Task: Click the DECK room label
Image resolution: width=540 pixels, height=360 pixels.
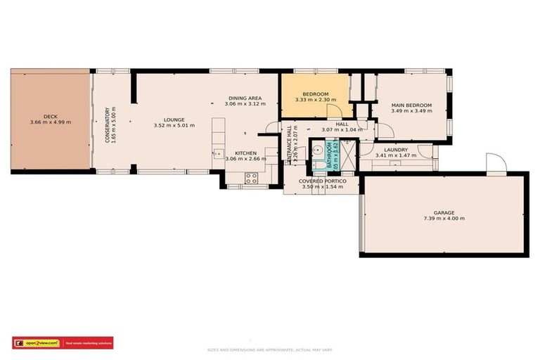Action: tap(50, 116)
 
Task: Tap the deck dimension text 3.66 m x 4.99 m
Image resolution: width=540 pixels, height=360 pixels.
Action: tap(50, 123)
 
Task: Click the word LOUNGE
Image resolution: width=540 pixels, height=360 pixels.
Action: tap(174, 120)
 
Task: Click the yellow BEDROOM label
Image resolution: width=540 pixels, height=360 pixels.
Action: tap(316, 94)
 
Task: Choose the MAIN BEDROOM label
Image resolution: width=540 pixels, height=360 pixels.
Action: tap(411, 105)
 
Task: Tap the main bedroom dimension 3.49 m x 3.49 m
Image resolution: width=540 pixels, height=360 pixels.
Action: tap(411, 112)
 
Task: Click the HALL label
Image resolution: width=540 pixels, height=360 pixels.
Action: tap(342, 124)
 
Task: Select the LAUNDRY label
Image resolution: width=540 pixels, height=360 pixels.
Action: tap(397, 149)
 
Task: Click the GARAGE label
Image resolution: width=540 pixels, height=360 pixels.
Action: tap(444, 212)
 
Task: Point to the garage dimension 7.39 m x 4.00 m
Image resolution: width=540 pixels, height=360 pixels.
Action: tap(444, 219)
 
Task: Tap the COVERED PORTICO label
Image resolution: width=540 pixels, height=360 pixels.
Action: tap(321, 181)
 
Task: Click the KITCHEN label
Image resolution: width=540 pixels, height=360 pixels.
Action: tap(245, 153)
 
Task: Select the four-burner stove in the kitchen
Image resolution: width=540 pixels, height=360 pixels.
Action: tap(252, 177)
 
